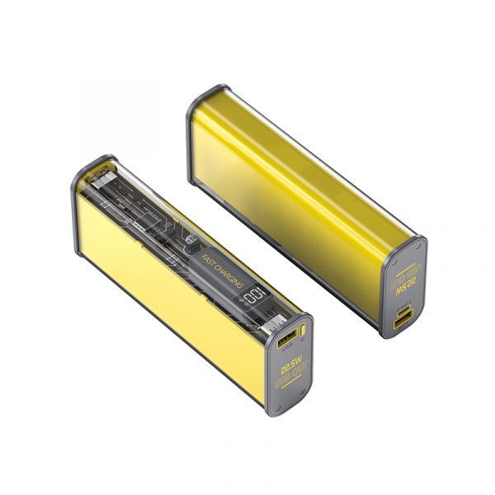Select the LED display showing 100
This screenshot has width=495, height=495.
256,296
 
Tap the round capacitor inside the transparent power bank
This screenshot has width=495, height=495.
192,243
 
